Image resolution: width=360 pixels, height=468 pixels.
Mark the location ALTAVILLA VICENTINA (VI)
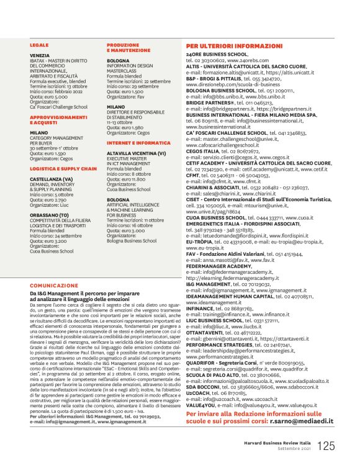point(136,153)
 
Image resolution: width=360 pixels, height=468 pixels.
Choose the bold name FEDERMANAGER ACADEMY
point(219,265)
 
